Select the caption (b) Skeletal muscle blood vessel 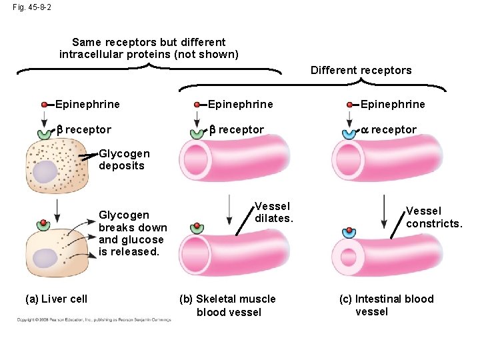[x=229, y=305]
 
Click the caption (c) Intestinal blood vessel [x=386, y=305]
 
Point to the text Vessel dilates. [x=274, y=213]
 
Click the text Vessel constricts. [x=433, y=217]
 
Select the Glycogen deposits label [x=123, y=160]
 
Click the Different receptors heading [x=361, y=70]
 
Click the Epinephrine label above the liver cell [x=87, y=104]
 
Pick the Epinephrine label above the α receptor [x=392, y=104]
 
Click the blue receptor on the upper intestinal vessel [x=349, y=133]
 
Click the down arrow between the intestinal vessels [x=385, y=212]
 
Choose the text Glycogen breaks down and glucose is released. [x=131, y=233]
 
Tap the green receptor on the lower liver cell [x=43, y=225]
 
